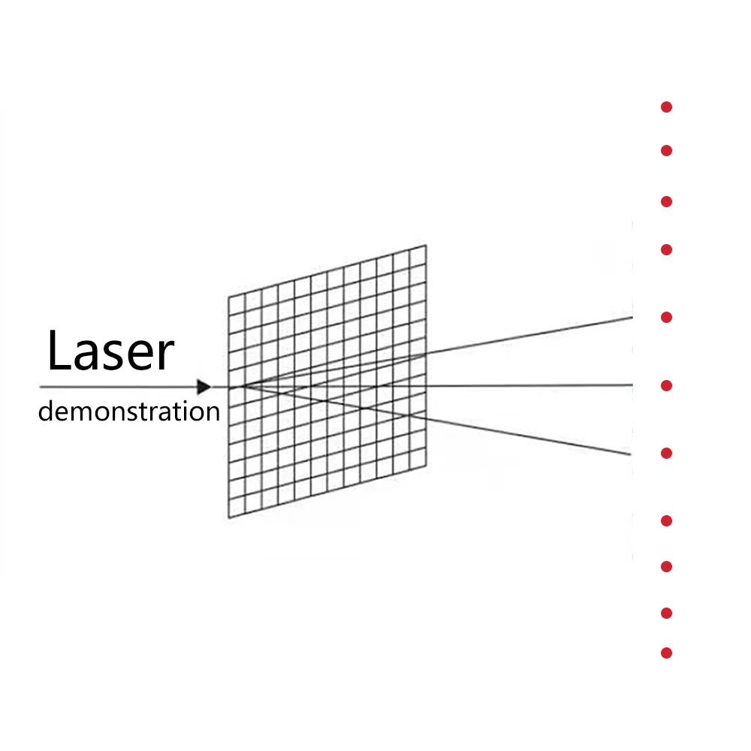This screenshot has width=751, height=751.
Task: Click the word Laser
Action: click(x=110, y=352)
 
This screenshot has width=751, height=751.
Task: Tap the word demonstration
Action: click(x=128, y=412)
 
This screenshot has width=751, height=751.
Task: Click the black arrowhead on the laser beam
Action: click(x=204, y=387)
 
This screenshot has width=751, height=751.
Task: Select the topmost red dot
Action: click(x=666, y=107)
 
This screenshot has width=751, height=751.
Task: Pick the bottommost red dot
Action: click(x=666, y=653)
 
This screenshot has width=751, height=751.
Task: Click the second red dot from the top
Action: click(x=666, y=151)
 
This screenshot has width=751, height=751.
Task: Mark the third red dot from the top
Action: click(x=666, y=202)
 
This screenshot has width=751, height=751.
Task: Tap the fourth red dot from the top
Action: click(x=666, y=249)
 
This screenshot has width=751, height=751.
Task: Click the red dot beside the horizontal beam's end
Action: click(x=666, y=386)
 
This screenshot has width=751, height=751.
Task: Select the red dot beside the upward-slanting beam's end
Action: click(x=666, y=318)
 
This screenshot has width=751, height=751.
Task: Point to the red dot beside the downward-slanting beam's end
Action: click(x=666, y=454)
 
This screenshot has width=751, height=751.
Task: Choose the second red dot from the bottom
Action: click(x=666, y=614)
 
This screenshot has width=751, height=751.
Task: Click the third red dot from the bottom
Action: click(x=666, y=567)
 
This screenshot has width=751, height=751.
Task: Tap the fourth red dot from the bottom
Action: click(x=666, y=520)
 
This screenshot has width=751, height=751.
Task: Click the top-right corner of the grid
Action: click(x=427, y=245)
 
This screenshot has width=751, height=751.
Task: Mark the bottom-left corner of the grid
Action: click(x=228, y=518)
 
